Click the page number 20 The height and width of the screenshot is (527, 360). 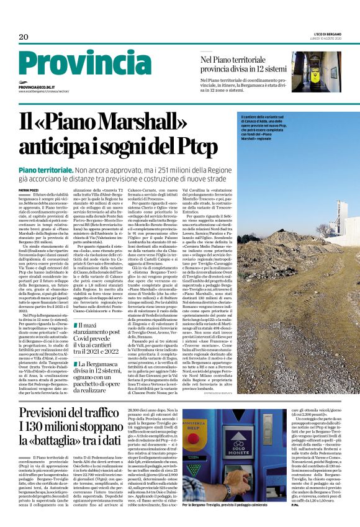pos(24,37)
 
